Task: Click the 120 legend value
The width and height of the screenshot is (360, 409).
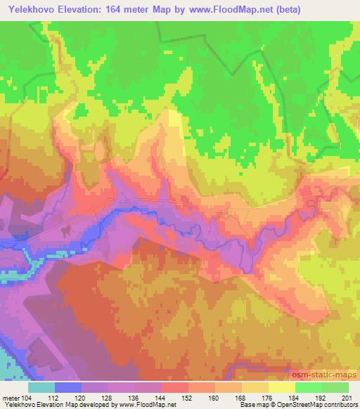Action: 94,398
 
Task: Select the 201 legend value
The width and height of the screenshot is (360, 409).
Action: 345,398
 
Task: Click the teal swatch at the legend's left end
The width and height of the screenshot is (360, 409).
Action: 41,387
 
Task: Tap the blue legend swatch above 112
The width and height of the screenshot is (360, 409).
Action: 68,387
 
